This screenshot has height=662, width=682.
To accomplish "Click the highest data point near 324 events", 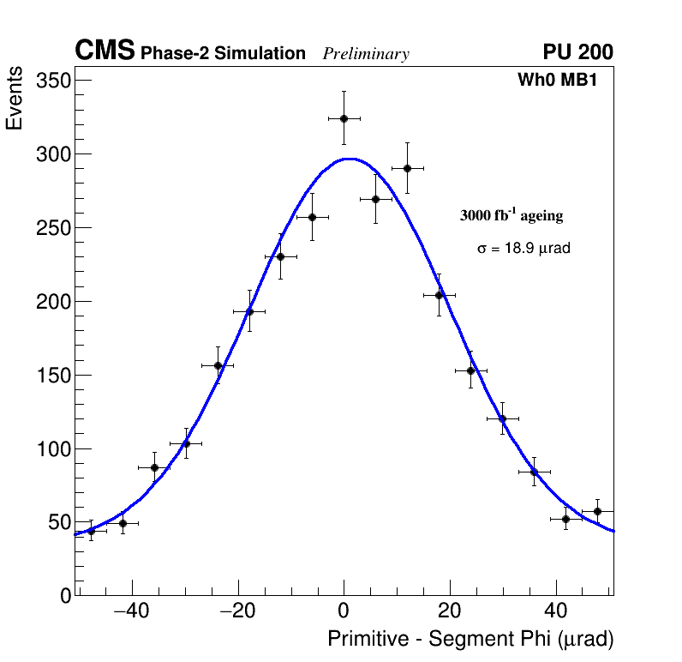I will coord(344,118).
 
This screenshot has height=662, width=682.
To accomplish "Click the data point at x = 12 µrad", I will coord(407,168).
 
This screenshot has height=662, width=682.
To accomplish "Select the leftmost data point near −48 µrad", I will coord(91,531).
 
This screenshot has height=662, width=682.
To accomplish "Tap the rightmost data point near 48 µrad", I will coord(597,511).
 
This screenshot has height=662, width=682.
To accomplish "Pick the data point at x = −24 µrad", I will coord(218,365).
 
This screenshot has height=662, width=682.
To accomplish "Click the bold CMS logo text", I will coord(105,51).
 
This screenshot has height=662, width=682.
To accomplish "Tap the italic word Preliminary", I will coord(366,54).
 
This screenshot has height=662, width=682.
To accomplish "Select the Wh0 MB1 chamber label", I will coord(557,81).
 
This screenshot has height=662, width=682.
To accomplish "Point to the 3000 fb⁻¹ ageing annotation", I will coord(511,215).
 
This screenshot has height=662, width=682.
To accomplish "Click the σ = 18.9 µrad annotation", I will coord(523,249).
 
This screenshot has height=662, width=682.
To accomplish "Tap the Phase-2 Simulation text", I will coord(223,54).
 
